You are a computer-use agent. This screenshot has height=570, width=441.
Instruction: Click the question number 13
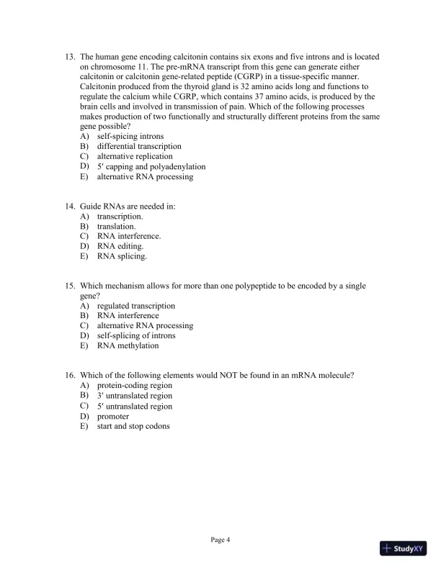pyautogui.click(x=70, y=57)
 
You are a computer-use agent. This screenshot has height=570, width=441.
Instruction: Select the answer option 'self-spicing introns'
pyautogui.click(x=130, y=136)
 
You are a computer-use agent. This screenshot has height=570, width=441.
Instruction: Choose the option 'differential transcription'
pyautogui.click(x=139, y=146)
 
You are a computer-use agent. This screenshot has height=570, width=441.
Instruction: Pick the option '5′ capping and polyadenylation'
pyautogui.click(x=151, y=166)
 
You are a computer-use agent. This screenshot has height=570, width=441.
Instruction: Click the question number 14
pyautogui.click(x=70, y=206)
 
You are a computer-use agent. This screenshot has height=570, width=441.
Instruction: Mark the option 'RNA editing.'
pyautogui.click(x=120, y=245)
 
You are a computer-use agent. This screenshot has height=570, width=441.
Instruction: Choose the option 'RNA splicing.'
pyautogui.click(x=122, y=255)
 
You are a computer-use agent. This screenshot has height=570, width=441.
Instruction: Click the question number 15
pyautogui.click(x=70, y=286)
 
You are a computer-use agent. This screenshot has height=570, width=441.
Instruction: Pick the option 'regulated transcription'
pyautogui.click(x=135, y=306)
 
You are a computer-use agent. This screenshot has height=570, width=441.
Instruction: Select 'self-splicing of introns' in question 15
pyautogui.click(x=135, y=335)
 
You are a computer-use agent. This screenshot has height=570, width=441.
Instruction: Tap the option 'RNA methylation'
pyautogui.click(x=128, y=345)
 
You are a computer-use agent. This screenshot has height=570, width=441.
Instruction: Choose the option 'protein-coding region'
pyautogui.click(x=134, y=385)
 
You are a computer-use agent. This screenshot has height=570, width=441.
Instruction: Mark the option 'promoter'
pyautogui.click(x=113, y=416)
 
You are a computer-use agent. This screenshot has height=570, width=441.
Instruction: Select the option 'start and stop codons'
pyautogui.click(x=133, y=426)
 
